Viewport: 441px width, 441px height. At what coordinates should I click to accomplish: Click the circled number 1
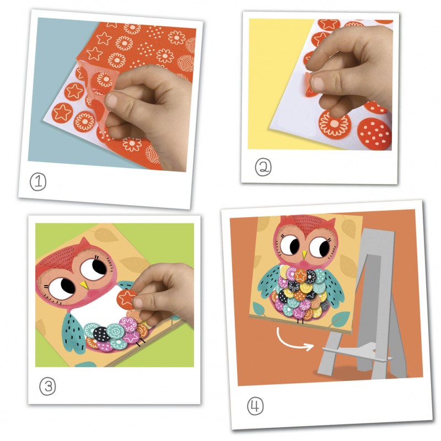click(38, 182)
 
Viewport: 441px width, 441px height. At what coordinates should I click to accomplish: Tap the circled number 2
click(263, 167)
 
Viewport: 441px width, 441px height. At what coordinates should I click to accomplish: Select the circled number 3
click(47, 386)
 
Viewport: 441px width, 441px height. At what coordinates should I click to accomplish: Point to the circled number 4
click(255, 406)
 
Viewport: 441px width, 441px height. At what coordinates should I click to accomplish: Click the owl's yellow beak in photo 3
click(84, 284)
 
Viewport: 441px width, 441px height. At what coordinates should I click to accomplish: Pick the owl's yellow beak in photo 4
click(304, 255)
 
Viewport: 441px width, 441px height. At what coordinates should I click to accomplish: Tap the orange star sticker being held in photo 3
click(126, 299)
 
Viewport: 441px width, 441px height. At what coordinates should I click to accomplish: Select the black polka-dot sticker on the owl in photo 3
click(101, 334)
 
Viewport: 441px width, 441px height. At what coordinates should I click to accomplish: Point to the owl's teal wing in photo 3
click(73, 332)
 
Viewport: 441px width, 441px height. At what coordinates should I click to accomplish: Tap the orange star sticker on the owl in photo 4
click(300, 275)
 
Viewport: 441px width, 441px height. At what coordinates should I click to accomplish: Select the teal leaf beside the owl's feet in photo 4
click(340, 318)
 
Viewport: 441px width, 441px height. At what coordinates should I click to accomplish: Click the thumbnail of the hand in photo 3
click(138, 303)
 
